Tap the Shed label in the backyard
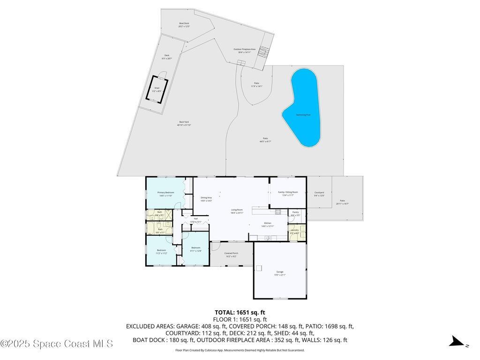pyautogui.click(x=157, y=88)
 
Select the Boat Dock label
pyautogui.click(x=184, y=23)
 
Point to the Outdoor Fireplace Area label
pyautogui.click(x=244, y=49)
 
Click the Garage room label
pyautogui.click(x=280, y=272)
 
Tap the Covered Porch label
pyautogui.click(x=231, y=253)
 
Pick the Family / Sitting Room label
pyautogui.click(x=288, y=192)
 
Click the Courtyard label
pyautogui.click(x=319, y=193)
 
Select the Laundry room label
pyautogui.click(x=294, y=230)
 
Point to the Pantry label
pyautogui.click(x=295, y=212)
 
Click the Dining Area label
pyautogui.click(x=206, y=198)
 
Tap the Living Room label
pyautogui.click(x=237, y=210)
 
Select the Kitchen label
pyautogui.click(x=267, y=223)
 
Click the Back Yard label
pyautogui.click(x=184, y=122)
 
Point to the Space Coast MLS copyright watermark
pyautogui.click(x=57, y=344)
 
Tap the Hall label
pyautogui.click(x=195, y=218)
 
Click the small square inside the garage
pyautogui.click(x=259, y=268)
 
